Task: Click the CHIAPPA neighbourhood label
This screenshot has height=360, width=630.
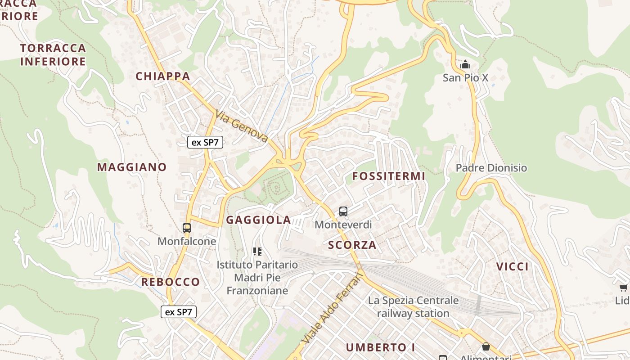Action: pyautogui.click(x=163, y=76)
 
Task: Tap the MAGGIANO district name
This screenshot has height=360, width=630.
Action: pyautogui.click(x=132, y=167)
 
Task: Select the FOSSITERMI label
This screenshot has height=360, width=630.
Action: pyautogui.click(x=389, y=176)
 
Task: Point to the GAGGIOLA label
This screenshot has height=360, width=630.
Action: pyautogui.click(x=258, y=220)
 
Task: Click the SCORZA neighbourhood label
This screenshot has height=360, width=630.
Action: pyautogui.click(x=352, y=245)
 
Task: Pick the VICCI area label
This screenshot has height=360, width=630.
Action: pyautogui.click(x=513, y=266)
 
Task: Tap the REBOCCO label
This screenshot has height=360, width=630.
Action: pyautogui.click(x=171, y=282)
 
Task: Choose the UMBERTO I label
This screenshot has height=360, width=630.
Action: pyautogui.click(x=381, y=347)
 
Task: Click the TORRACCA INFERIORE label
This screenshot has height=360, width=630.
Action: pyautogui.click(x=53, y=55)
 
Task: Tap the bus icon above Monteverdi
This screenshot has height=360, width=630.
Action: pyautogui.click(x=343, y=211)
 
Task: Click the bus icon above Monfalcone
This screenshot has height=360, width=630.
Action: pyautogui.click(x=187, y=228)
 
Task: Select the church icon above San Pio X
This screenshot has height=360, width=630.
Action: pyautogui.click(x=465, y=65)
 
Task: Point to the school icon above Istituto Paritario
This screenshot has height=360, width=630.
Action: pyautogui.click(x=257, y=251)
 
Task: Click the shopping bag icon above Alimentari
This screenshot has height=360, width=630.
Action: pyautogui.click(x=486, y=346)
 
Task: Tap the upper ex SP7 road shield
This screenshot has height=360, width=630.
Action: pyautogui.click(x=205, y=143)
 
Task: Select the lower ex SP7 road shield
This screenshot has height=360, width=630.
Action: pyautogui.click(x=179, y=312)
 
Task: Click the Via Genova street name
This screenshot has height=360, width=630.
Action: pyautogui.click(x=242, y=126)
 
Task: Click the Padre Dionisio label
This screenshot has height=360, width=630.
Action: pyautogui.click(x=491, y=168)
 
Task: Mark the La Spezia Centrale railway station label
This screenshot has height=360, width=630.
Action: pyautogui.click(x=413, y=307)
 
